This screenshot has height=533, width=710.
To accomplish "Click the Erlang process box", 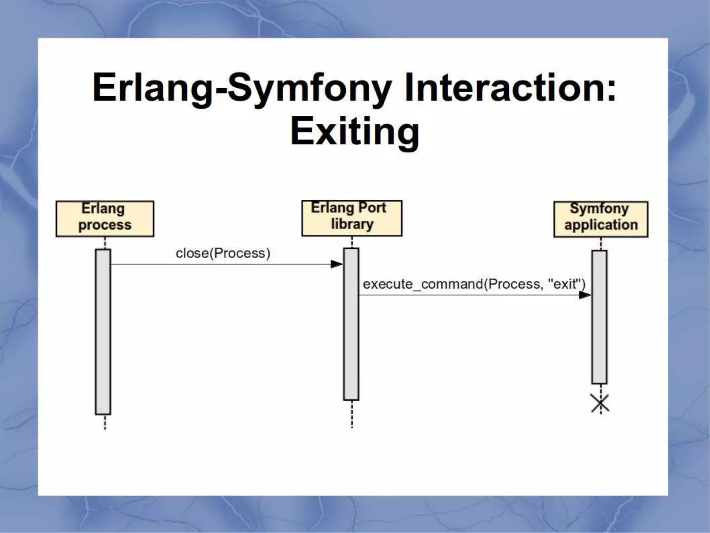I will pyautogui.click(x=105, y=219).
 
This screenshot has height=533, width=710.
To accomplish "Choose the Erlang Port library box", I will pyautogui.click(x=352, y=218).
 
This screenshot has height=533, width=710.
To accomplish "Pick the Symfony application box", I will pyautogui.click(x=600, y=219).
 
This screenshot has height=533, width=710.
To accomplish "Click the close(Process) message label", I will pyautogui.click(x=223, y=253).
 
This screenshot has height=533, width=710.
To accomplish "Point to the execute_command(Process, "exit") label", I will pyautogui.click(x=474, y=284).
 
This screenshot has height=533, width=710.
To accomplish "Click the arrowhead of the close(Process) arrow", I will pyautogui.click(x=336, y=264).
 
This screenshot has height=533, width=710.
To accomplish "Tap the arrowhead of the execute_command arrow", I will pyautogui.click(x=585, y=295).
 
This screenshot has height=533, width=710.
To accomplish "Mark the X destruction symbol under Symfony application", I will pyautogui.click(x=600, y=404).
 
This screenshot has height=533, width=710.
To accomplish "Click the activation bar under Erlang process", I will pyautogui.click(x=103, y=331).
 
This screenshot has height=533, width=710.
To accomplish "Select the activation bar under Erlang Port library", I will pyautogui.click(x=351, y=324).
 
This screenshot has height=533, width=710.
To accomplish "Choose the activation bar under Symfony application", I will pyautogui.click(x=599, y=317).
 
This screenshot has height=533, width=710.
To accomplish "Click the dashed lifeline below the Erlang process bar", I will pyautogui.click(x=105, y=422).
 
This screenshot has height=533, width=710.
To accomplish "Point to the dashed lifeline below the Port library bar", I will pyautogui.click(x=352, y=414).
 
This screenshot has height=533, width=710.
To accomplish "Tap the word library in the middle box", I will pyautogui.click(x=352, y=224).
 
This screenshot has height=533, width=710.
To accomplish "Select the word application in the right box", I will pyautogui.click(x=601, y=225).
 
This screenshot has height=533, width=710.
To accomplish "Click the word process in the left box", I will pyautogui.click(x=105, y=225).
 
